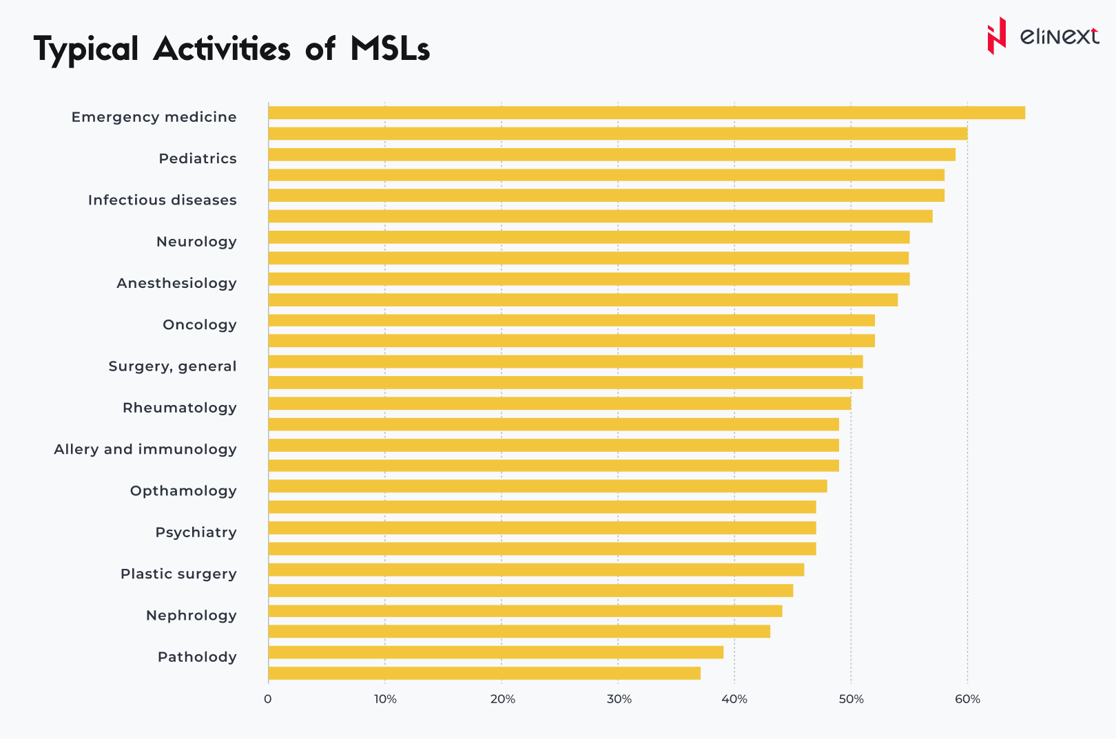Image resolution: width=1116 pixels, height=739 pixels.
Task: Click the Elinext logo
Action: pos(1042,36)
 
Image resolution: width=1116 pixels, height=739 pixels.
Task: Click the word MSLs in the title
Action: pos(390,50)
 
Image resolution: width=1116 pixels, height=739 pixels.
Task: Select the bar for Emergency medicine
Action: pos(646,113)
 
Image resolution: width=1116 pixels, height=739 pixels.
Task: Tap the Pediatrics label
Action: pos(198,158)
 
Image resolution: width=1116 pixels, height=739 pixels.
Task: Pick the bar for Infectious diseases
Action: pos(606,196)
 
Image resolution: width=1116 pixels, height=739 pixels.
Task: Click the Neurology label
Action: pos(196,242)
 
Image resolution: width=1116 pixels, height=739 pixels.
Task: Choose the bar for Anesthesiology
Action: pos(589,279)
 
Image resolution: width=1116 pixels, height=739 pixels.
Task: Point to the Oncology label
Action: pos(200,324)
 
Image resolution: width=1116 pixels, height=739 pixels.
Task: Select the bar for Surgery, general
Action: pos(565,362)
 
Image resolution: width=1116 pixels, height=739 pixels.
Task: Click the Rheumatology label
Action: pos(180,408)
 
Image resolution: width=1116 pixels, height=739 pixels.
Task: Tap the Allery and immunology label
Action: pos(145,449)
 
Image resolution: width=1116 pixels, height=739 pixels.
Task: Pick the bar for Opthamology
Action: pos(548,486)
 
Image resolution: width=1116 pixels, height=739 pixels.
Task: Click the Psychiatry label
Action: pos(196,532)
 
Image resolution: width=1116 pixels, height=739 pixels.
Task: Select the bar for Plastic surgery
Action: pos(536,570)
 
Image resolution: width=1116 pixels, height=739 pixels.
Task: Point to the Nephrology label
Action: pos(192,615)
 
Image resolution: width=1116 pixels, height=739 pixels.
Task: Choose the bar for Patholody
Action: pos(496,652)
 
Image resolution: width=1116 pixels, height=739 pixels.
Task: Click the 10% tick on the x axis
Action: pos(385,699)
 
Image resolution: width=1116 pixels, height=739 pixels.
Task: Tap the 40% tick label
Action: pos(734,699)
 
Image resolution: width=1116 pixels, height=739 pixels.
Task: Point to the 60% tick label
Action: pos(967,699)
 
